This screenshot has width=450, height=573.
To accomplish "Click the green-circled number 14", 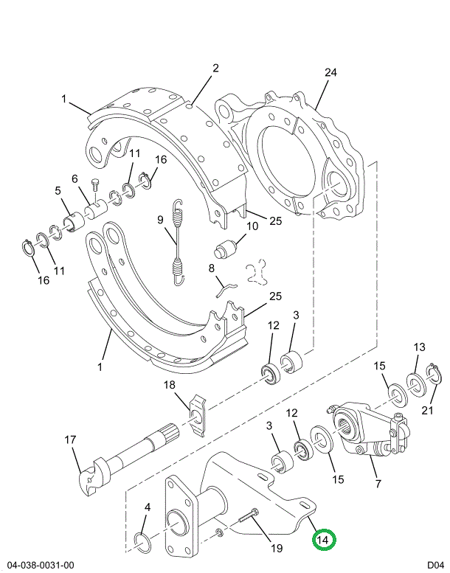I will tap(322, 541).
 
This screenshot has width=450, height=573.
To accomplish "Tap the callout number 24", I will tap(330, 73).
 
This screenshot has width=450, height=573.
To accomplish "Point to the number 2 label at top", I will tap(215, 69).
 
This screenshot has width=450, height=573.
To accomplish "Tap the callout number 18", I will tap(169, 385).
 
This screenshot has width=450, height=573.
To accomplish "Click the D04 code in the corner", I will tap(433, 565).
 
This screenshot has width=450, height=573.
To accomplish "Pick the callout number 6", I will tap(75, 178).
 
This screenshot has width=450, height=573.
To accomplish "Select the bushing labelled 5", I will tap(72, 220).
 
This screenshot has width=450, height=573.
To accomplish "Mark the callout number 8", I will tap(211, 268).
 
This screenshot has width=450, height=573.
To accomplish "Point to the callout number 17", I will tap(70, 440).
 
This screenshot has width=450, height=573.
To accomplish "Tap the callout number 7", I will tap(378, 484).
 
